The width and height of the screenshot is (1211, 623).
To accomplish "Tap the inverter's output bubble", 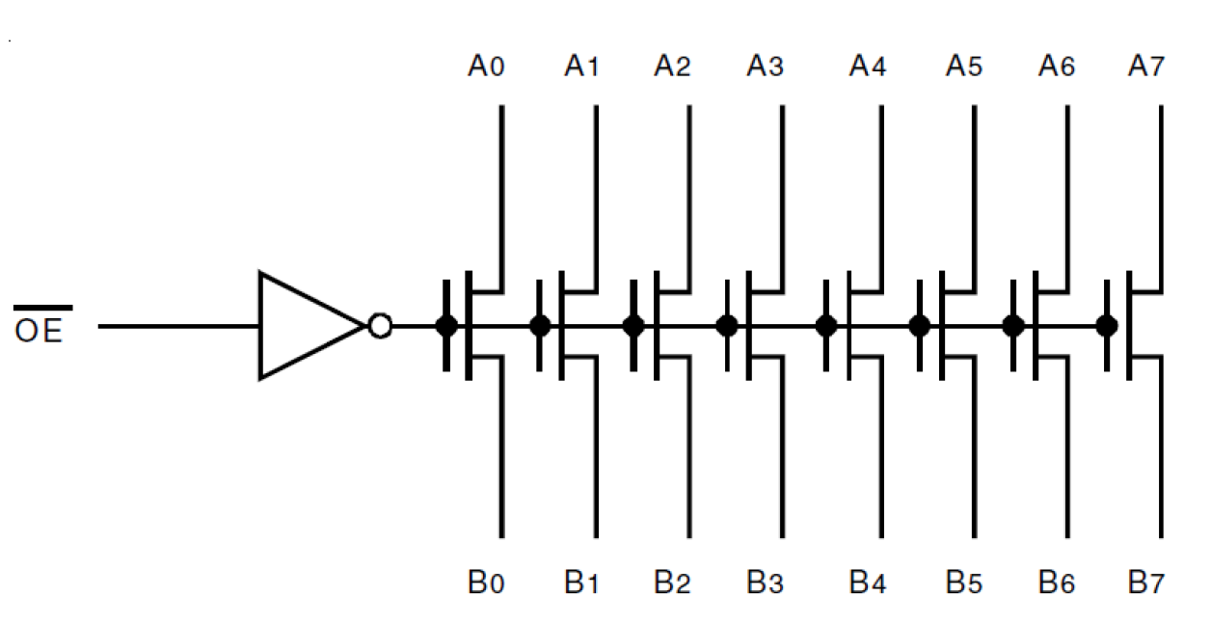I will [380, 326].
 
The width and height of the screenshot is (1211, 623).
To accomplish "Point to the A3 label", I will [765, 67].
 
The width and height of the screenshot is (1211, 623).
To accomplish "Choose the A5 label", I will [964, 67].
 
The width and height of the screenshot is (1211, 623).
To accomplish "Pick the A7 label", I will [1146, 67].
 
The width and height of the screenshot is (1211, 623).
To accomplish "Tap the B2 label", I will [672, 582].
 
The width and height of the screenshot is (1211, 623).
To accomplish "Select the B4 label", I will [868, 582].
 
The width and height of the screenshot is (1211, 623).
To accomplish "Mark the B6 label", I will [1056, 582].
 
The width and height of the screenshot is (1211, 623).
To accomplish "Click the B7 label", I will [1146, 582].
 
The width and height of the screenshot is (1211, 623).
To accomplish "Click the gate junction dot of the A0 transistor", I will [446, 326].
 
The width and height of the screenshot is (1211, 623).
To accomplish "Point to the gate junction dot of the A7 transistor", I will [1107, 326].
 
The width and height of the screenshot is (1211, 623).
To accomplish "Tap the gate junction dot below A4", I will [825, 326].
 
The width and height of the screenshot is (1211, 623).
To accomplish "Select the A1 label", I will [581, 67].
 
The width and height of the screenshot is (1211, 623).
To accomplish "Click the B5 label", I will [964, 582].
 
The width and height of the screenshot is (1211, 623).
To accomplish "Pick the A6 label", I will [1056, 67].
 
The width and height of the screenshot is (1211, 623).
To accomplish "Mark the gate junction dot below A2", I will [633, 326].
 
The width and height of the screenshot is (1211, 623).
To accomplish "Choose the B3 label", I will [765, 582].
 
